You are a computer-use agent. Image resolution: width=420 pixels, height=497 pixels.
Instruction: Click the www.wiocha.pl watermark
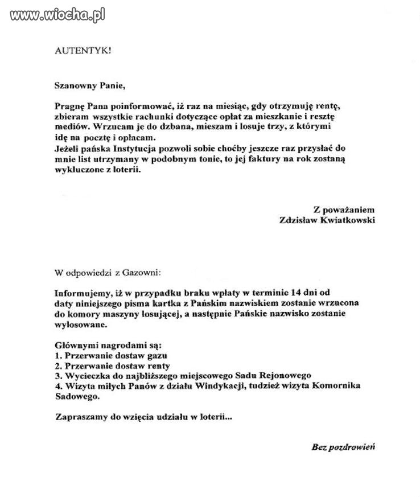[53, 15]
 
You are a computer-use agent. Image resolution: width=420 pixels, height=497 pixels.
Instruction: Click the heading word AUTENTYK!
[83, 50]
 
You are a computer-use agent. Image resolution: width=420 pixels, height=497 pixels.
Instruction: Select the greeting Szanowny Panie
[88, 87]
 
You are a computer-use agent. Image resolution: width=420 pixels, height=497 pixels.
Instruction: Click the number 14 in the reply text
[302, 293]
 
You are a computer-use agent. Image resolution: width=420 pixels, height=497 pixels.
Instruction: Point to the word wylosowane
[80, 324]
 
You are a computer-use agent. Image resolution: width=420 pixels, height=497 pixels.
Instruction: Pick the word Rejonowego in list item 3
[285, 376]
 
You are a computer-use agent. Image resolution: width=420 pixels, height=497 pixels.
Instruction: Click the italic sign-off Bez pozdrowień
[343, 447]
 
